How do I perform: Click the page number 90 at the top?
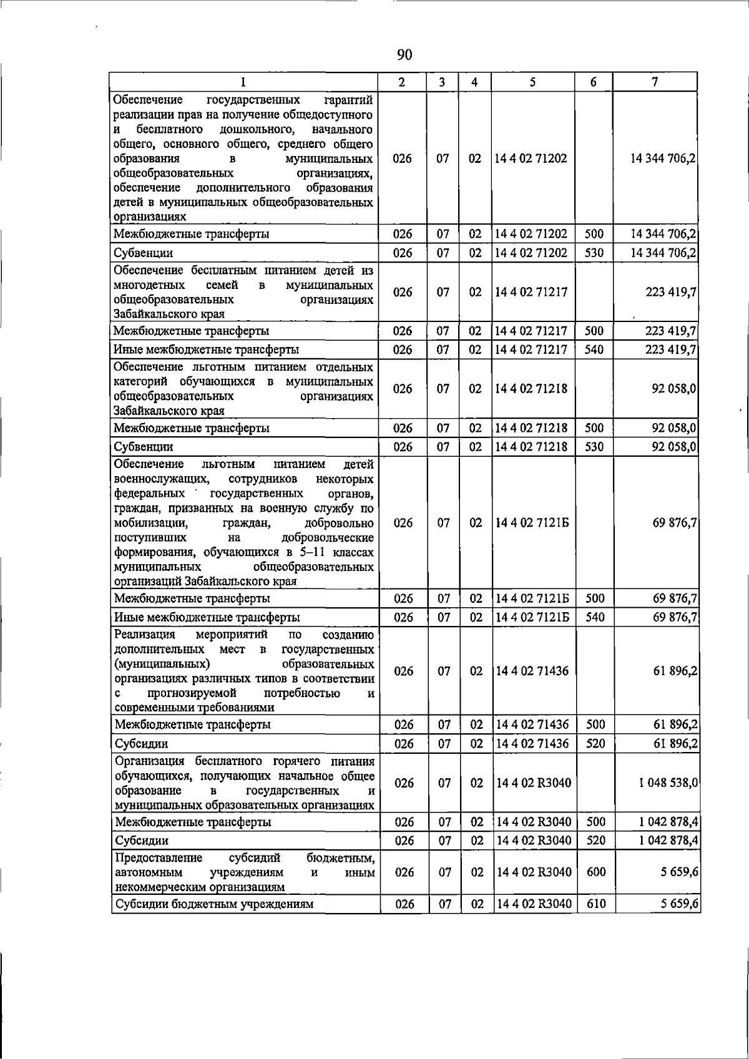404,56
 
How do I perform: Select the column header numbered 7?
654,82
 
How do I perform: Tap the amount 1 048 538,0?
668,783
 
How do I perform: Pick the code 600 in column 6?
596,872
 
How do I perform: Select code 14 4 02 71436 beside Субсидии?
532,743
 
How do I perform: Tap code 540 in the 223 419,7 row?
594,349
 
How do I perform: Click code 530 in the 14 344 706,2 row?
594,253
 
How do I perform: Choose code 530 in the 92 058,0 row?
594,447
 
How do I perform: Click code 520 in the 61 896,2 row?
596,743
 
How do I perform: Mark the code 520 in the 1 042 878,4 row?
596,841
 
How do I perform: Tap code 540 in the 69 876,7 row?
595,617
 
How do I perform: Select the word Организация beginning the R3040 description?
150,761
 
